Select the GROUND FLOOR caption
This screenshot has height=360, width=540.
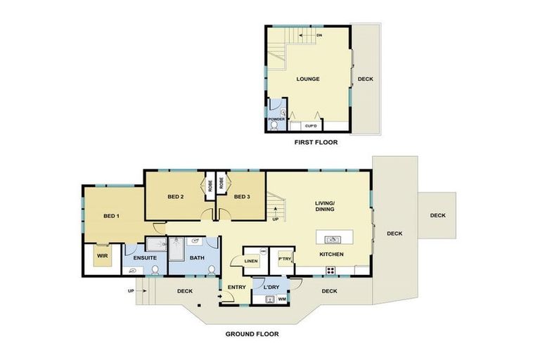tap(252, 334)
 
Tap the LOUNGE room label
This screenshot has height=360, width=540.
tap(307, 79)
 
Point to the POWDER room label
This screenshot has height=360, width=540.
tap(276, 120)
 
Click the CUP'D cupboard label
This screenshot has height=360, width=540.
tap(311, 125)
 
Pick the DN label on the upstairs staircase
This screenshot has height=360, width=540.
tap(319, 34)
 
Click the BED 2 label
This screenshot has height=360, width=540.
tap(176, 196)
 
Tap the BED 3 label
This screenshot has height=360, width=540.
tap(242, 196)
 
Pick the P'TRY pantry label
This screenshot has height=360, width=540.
tap(285, 259)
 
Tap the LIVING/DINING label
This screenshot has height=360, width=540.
tap(324, 205)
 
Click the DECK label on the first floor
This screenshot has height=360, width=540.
tap(366, 79)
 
